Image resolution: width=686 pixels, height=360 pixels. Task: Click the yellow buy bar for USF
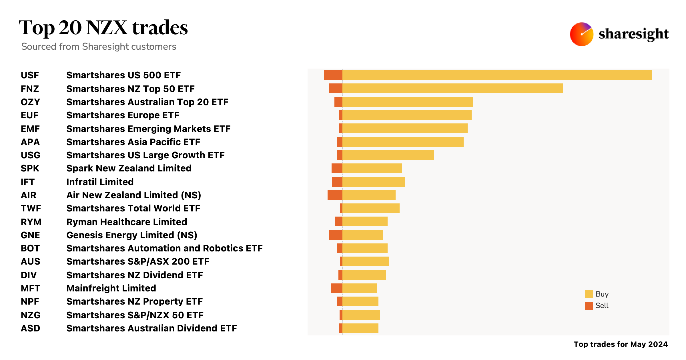[497, 75]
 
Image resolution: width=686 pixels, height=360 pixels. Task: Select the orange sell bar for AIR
[335, 195]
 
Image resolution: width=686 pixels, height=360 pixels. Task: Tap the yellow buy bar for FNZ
[452, 88]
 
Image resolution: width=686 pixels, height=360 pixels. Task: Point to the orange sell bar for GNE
[335, 235]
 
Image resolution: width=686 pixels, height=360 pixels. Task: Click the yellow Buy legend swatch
[589, 294]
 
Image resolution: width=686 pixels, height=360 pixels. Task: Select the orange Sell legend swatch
[589, 306]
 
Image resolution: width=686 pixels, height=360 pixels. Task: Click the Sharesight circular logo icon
[581, 34]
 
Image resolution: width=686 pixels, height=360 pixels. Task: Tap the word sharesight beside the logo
[633, 34]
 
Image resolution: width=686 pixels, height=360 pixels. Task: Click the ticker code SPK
[30, 168]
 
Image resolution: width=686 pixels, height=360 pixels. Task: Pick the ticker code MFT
[30, 288]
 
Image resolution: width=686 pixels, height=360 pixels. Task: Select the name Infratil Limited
[100, 182]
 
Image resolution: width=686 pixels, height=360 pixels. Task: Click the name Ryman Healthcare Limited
[127, 222]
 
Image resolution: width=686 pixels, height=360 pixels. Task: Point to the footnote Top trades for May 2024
[621, 344]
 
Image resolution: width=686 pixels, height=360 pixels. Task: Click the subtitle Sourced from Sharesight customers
[99, 47]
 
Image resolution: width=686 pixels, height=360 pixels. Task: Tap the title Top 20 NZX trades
[103, 28]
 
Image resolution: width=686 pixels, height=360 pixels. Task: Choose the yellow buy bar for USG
[388, 155]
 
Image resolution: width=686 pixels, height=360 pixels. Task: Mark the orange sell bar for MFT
[336, 288]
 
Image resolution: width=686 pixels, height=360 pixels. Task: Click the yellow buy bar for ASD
[360, 328]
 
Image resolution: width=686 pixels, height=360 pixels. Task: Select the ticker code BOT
[30, 248]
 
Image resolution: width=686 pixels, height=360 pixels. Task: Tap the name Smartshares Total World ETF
[133, 208]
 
